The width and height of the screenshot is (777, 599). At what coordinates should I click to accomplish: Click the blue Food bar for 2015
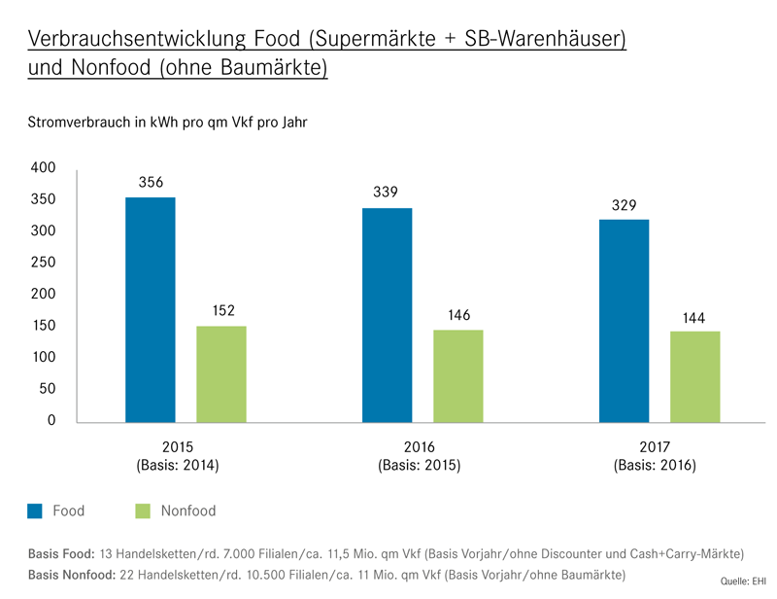pos(151,309)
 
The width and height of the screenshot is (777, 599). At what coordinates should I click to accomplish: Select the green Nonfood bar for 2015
pos(221,374)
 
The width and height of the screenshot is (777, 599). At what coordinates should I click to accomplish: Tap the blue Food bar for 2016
pos(388,315)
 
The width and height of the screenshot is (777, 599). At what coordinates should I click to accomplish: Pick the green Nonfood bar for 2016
pos(458,376)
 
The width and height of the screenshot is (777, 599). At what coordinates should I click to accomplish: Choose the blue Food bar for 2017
pos(625,321)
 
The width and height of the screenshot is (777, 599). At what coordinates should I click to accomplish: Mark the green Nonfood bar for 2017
pos(695,377)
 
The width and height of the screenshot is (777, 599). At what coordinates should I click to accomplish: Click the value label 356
pos(151,182)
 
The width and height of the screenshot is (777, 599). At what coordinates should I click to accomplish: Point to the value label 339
pos(387,193)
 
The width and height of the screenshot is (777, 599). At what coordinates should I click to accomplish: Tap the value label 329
pos(624,205)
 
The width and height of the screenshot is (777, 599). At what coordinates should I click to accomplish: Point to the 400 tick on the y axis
pos(45,168)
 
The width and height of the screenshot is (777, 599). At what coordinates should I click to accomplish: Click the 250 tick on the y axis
pos(45,263)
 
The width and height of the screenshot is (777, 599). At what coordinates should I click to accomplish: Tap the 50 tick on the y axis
pos(49,389)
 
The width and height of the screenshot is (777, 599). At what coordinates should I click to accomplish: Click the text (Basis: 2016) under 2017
pos(655,465)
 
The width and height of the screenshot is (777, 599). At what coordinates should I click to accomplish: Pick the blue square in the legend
pos(35,511)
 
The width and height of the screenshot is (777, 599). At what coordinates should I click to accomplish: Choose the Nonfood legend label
pos(188,511)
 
